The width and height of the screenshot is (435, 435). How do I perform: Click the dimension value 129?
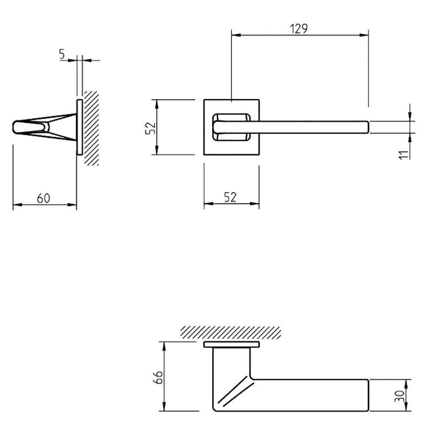(299, 29)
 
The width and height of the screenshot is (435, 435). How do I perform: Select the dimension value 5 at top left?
(62, 54)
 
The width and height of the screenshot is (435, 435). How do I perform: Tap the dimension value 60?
(43, 198)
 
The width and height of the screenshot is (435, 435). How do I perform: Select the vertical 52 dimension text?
(150, 127)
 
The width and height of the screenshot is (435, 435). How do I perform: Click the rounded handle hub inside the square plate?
(231, 127)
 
